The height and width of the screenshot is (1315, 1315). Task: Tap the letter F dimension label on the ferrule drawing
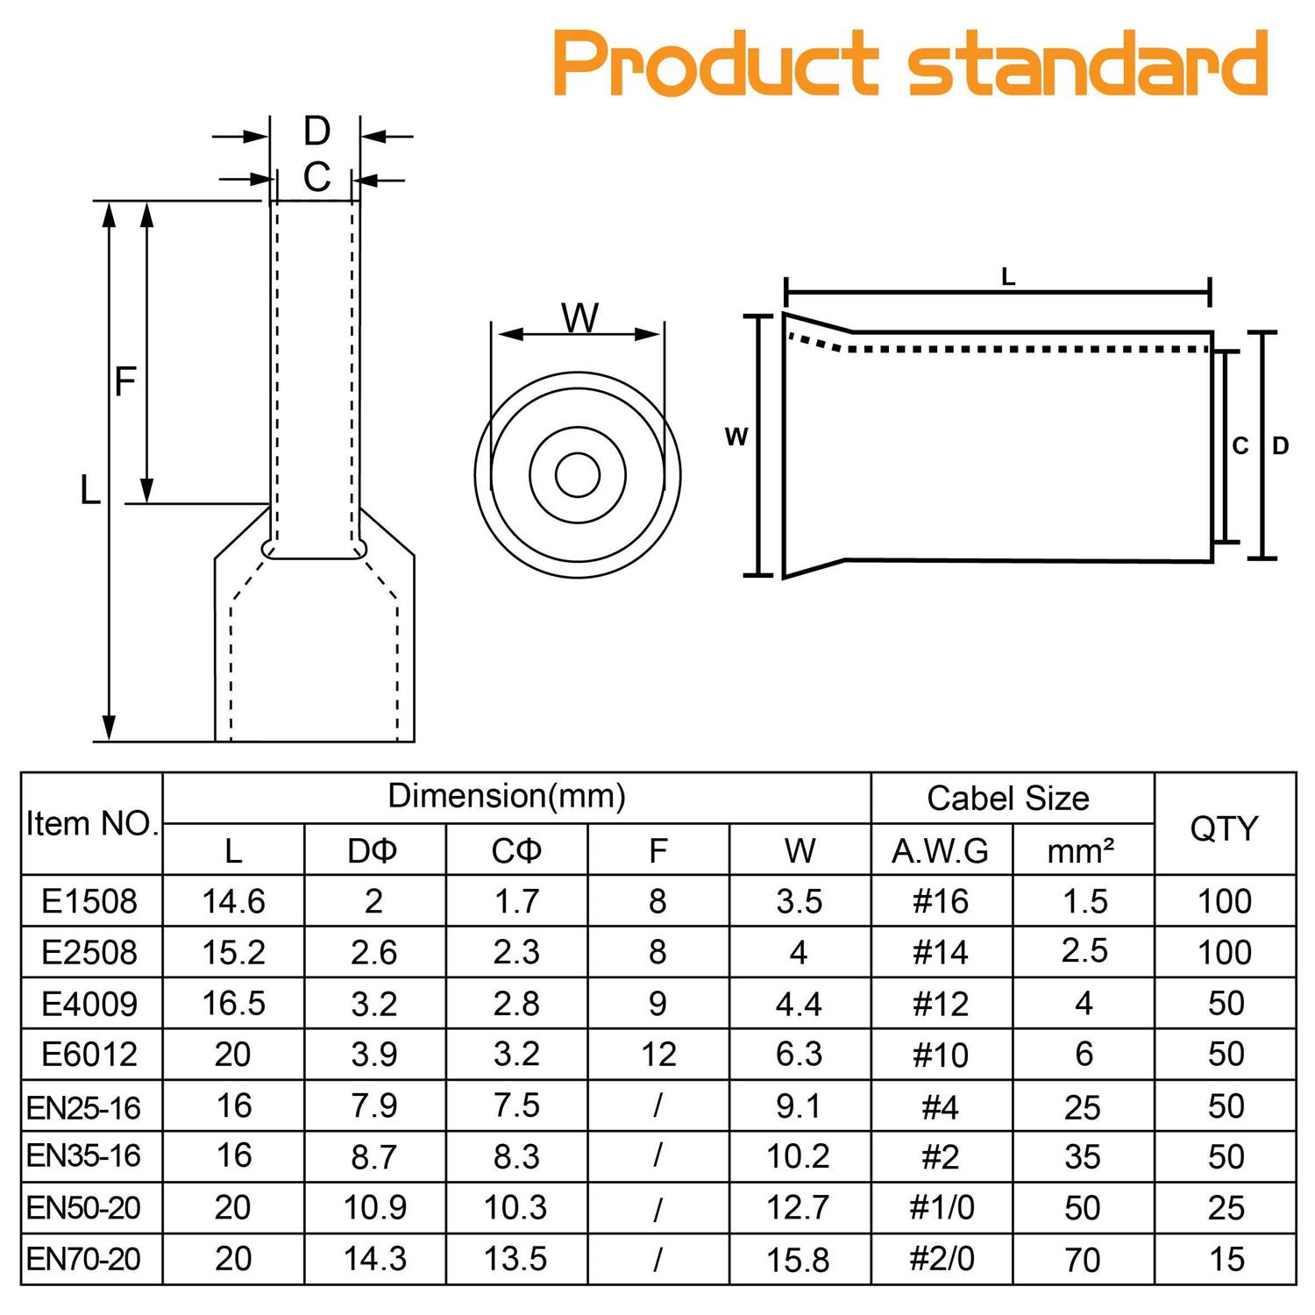(125, 381)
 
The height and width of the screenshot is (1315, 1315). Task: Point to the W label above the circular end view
(579, 317)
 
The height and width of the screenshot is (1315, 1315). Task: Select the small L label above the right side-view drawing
(1008, 277)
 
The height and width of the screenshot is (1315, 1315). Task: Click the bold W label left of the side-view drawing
(736, 436)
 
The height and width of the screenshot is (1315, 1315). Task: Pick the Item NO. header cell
(92, 824)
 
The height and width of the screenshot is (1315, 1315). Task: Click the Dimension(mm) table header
(507, 796)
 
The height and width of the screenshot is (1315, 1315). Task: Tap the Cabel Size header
(1008, 799)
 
